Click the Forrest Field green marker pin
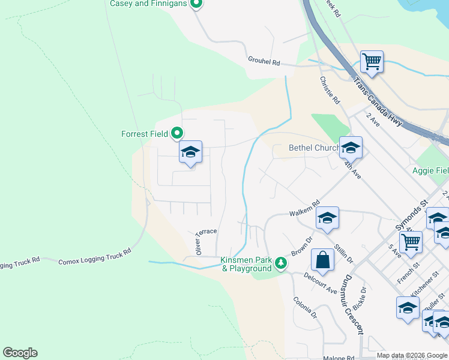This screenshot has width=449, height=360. point(177,133)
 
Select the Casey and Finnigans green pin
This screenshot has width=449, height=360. point(196,4)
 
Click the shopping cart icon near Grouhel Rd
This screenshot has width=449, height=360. point(372,62)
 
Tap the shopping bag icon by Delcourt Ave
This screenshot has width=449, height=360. point(322,260)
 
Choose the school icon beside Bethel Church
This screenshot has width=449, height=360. point(351,146)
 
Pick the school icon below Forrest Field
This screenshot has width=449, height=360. point(190,152)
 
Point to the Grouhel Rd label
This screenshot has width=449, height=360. point(264,62)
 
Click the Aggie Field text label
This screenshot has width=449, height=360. point(430,171)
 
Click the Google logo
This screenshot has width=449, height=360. point(20,353)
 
